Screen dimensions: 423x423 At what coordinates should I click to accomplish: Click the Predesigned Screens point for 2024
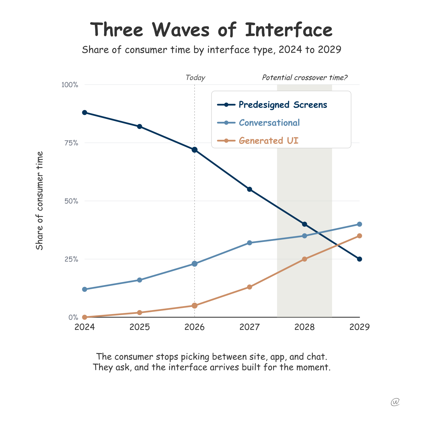point(85,113)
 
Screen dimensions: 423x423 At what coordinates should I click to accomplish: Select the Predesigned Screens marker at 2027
point(250,189)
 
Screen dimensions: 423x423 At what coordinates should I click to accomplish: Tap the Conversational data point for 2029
point(360,224)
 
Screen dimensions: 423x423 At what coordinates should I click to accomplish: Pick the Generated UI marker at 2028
point(305,259)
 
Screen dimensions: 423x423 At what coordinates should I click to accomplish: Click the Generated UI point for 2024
point(85,317)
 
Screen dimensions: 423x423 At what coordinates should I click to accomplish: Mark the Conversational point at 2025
point(140,280)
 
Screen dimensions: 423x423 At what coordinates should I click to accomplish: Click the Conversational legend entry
point(269,123)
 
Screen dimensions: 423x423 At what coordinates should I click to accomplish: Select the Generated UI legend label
point(268,141)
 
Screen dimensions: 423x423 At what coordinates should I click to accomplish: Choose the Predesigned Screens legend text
point(283,105)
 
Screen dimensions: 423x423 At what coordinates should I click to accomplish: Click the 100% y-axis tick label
point(70,85)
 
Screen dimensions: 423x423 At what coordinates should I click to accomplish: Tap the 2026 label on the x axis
point(195,327)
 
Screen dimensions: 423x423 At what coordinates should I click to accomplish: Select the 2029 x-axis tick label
point(359,327)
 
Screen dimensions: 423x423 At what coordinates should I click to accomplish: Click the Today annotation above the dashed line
point(195,78)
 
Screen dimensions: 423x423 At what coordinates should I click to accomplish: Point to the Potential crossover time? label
point(305,78)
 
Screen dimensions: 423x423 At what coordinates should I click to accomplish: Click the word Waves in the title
point(181,30)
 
